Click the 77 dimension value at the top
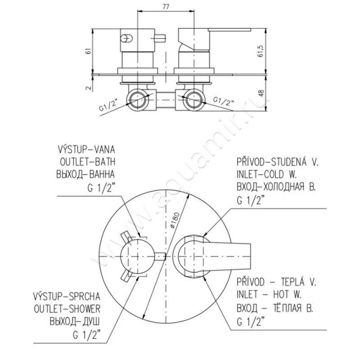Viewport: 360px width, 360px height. (166, 7)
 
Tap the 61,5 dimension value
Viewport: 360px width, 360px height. (261, 51)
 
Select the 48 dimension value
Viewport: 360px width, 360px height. (261, 93)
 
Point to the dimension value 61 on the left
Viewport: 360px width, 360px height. (89, 51)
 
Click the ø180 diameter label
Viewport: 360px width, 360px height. (175, 220)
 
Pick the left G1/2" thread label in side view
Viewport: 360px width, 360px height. (108, 105)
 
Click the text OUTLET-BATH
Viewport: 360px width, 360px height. (87, 162)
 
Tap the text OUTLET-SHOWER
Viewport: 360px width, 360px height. (67, 309)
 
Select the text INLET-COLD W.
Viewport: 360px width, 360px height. (267, 175)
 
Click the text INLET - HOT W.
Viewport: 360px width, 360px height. (269, 295)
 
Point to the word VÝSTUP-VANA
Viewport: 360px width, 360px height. (86, 149)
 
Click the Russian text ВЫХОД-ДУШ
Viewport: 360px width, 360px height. (75, 322)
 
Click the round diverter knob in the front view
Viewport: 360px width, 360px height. (137, 256)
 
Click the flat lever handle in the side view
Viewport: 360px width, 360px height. (229, 30)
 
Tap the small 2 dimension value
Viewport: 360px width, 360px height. (89, 87)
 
